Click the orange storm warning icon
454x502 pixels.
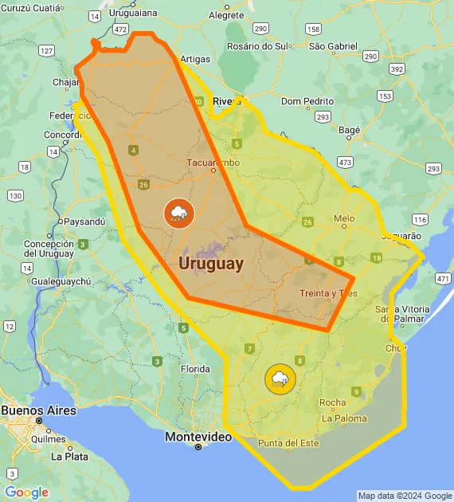pyautogui.click(x=178, y=213)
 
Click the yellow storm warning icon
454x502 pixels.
pyautogui.click(x=279, y=378)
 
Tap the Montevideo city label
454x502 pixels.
pyautogui.click(x=198, y=437)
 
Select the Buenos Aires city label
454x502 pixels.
pyautogui.click(x=39, y=410)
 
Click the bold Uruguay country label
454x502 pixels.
pyautogui.click(x=211, y=263)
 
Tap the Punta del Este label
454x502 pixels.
pyautogui.click(x=288, y=443)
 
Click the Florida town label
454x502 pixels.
pyautogui.click(x=194, y=369)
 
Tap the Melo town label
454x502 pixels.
pyautogui.click(x=344, y=218)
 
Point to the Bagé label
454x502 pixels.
pyautogui.click(x=350, y=129)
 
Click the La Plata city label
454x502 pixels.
pyautogui.click(x=69, y=457)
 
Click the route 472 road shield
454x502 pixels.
pyautogui.click(x=120, y=29)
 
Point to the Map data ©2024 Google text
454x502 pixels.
pyautogui.click(x=405, y=496)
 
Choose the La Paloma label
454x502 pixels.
pyautogui.click(x=345, y=418)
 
